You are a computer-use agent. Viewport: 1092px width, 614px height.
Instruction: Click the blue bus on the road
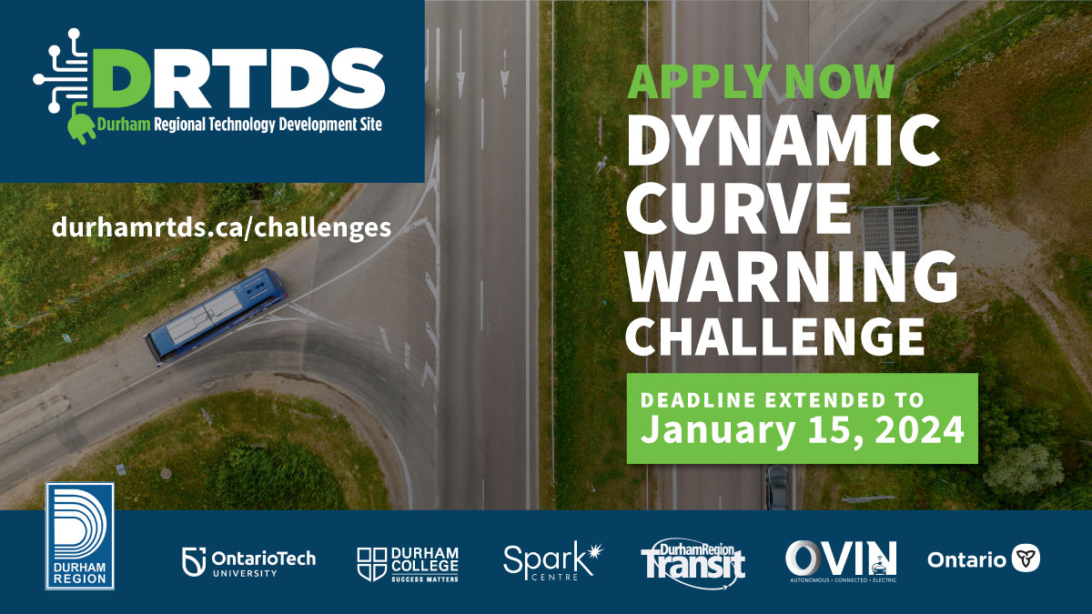[215, 315]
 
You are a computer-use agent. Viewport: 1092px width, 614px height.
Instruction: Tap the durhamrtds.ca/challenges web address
[222, 226]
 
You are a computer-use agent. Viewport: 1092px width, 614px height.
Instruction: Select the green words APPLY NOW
[762, 81]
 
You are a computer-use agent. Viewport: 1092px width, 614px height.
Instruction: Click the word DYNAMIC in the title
[784, 144]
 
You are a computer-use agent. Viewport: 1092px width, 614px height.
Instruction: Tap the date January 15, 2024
[802, 429]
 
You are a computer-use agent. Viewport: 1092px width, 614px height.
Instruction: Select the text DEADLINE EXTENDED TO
[782, 399]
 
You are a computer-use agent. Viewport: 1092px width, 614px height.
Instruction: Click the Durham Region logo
[80, 536]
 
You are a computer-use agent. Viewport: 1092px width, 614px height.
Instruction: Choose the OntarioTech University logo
[248, 562]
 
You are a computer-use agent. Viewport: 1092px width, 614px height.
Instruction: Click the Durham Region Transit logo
[693, 559]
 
